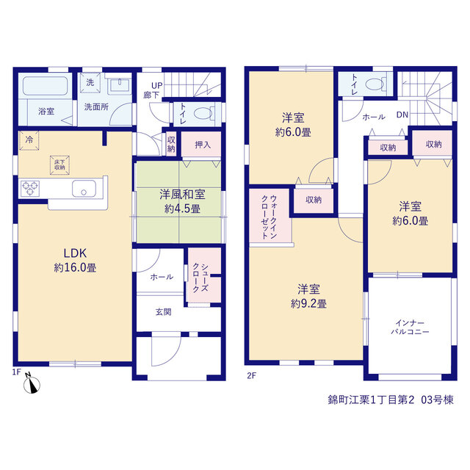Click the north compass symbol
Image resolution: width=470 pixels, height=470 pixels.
click(32, 385)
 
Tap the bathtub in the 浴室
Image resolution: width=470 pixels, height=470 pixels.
click(45, 86)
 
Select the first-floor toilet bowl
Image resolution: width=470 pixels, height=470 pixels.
click(203, 114)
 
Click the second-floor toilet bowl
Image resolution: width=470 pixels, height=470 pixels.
click(375, 84)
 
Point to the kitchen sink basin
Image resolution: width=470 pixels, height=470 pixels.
click(84, 189)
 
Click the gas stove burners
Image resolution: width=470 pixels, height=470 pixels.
click(30, 189)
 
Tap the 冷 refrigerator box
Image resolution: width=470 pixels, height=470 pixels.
click(29, 140)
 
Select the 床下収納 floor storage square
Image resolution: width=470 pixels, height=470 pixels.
click(59, 164)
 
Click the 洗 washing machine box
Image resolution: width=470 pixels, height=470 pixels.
click(90, 82)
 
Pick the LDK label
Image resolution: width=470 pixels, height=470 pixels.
click(75, 253)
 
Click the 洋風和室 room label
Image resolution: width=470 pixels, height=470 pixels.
click(182, 195)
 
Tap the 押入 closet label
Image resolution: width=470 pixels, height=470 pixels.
click(203, 145)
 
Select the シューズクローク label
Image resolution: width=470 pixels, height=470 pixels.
click(200, 278)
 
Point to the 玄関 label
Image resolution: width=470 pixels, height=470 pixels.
click(163, 312)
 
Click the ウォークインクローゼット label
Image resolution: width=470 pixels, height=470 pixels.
click(270, 217)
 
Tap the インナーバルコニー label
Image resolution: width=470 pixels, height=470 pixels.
click(410, 328)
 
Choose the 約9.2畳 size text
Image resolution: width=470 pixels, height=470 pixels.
click(308, 303)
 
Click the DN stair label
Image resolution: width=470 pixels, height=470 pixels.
click(402, 115)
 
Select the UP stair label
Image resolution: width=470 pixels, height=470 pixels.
click(156, 85)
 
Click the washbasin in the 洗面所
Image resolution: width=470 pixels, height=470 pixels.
click(120, 84)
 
